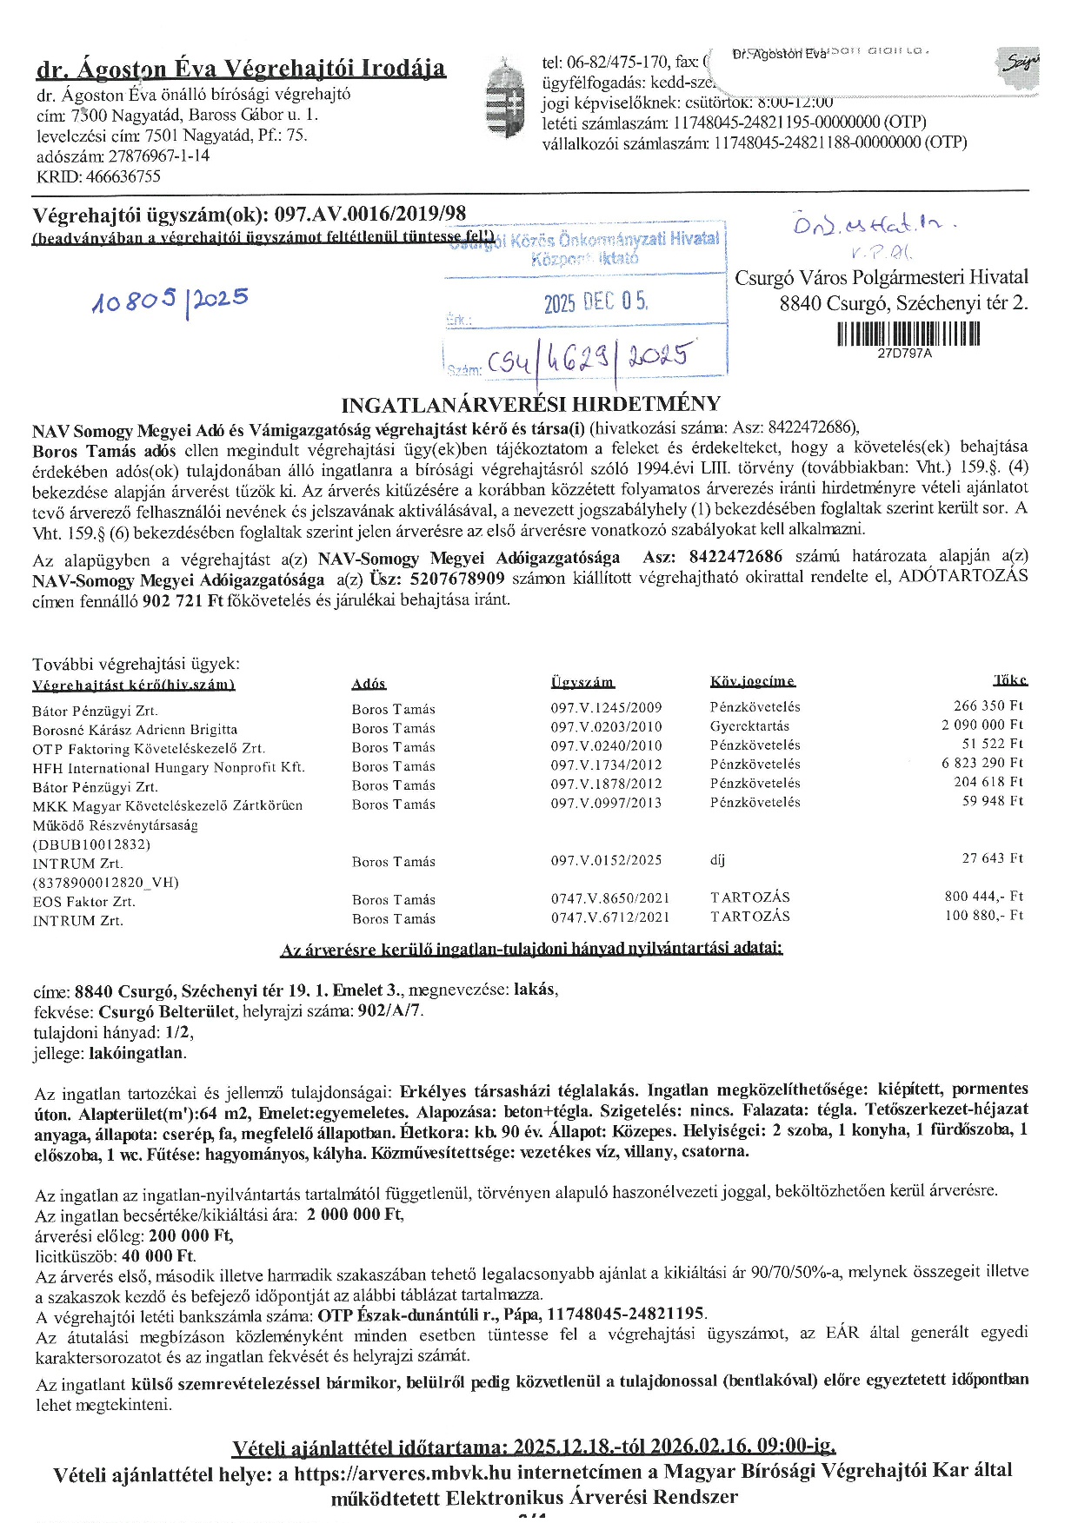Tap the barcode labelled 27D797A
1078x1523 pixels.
pyautogui.click(x=908, y=334)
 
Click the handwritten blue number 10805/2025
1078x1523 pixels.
pyautogui.click(x=170, y=301)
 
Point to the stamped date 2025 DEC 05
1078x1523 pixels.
pyautogui.click(x=596, y=302)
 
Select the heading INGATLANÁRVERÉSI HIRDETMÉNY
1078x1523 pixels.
pyautogui.click(x=530, y=404)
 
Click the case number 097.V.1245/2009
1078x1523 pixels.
pyautogui.click(x=606, y=707)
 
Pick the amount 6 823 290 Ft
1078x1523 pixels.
pyautogui.click(x=982, y=763)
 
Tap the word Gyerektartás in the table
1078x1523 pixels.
pyautogui.click(x=749, y=726)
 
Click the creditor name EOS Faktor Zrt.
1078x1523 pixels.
pyautogui.click(x=84, y=901)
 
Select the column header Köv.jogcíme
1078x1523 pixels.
pyautogui.click(x=752, y=682)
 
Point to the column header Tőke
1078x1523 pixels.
pyautogui.click(x=1010, y=680)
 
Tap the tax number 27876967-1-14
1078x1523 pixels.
pyautogui.click(x=158, y=156)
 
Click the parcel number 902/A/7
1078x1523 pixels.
pyautogui.click(x=390, y=1010)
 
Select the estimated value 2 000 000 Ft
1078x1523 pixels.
pyautogui.click(x=355, y=1214)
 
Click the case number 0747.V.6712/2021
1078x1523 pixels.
pyautogui.click(x=610, y=917)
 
